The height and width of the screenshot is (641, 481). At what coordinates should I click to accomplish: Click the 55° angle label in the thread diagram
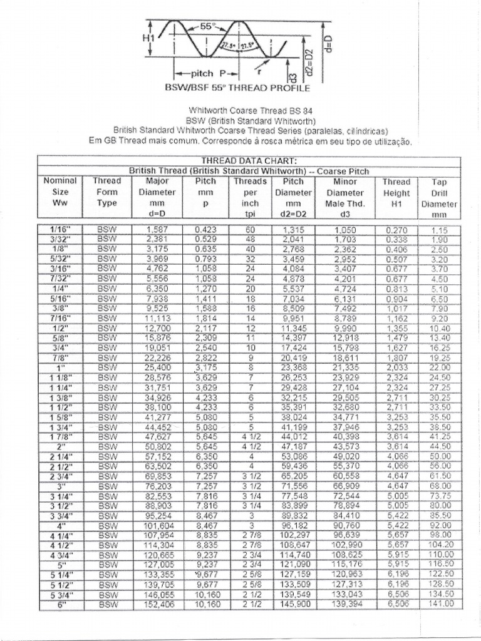tap(207, 27)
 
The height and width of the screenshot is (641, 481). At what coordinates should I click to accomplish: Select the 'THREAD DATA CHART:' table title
tap(249, 161)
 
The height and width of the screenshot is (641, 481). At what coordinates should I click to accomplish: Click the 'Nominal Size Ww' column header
tap(60, 192)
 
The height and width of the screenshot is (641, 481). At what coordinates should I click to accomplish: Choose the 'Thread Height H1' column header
tap(396, 192)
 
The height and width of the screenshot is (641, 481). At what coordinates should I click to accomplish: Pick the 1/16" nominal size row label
tap(61, 230)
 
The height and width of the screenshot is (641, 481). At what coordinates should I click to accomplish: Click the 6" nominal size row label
tap(61, 604)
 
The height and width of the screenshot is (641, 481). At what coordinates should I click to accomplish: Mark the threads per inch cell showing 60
tap(250, 230)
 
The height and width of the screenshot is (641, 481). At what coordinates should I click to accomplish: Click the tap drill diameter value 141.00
tap(442, 604)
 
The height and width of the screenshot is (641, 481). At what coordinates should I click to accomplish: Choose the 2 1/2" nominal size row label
tap(61, 466)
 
